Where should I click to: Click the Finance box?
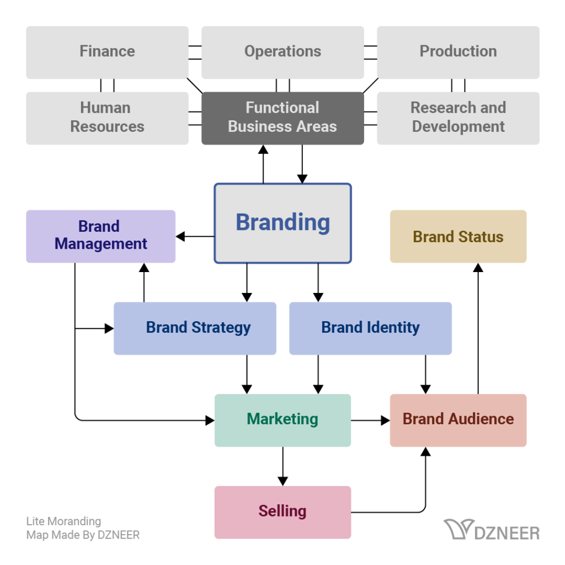point(107,52)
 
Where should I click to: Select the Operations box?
point(282,52)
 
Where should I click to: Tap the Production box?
point(458,52)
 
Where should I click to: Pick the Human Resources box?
point(107,118)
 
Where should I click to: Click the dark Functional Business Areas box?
point(282,118)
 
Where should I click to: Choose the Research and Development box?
point(458,118)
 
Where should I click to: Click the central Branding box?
point(282,223)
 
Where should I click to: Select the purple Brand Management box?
point(101,236)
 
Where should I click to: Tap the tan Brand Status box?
point(458,236)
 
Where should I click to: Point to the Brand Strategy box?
point(195,328)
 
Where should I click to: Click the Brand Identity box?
point(370,328)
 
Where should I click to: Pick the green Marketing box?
point(282,419)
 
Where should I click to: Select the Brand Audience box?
point(458,419)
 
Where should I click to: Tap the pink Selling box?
point(282,511)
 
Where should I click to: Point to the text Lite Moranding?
point(63,521)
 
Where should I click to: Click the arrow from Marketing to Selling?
point(282,466)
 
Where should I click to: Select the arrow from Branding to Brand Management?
point(195,237)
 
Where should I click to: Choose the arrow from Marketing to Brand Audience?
point(370,420)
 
